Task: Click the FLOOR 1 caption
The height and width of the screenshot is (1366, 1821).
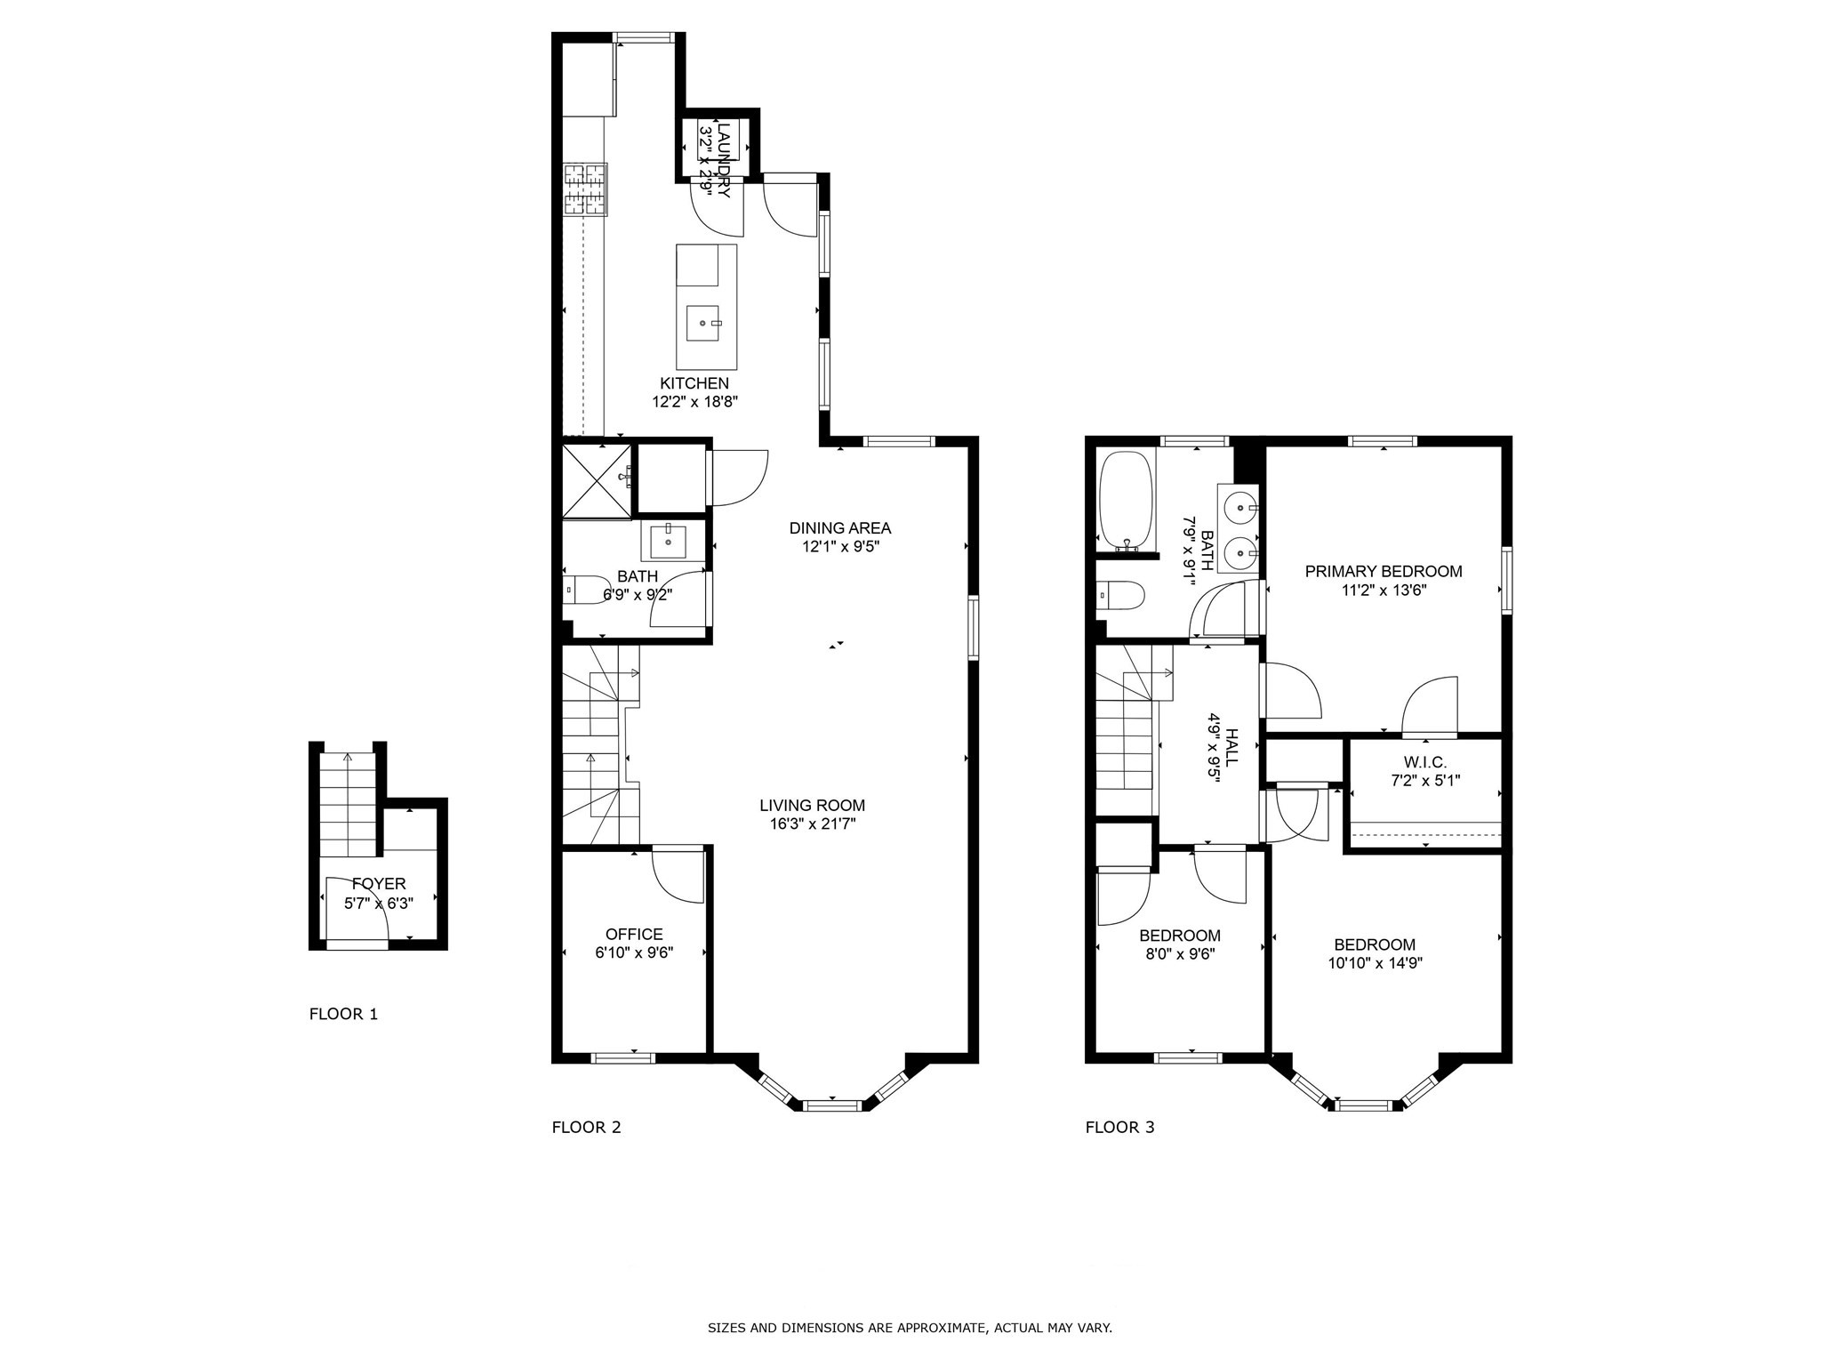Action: [x=343, y=1014]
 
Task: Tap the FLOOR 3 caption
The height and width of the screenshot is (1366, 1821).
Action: [x=1119, y=1128]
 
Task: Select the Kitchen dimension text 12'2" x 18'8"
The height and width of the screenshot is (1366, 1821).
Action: [x=694, y=401]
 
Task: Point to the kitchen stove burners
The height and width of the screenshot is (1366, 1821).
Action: [x=585, y=189]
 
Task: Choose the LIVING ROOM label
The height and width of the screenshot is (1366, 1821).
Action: [x=812, y=806]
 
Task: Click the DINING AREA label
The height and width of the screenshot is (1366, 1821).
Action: [x=839, y=528]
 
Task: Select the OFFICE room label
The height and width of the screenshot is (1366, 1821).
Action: [x=634, y=935]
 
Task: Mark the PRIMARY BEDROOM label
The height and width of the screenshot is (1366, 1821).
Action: [x=1383, y=572]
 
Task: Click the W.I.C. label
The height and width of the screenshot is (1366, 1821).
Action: [x=1425, y=763]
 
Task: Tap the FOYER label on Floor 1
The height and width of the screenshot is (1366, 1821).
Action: [x=379, y=884]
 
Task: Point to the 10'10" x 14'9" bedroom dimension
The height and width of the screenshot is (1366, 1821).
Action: [x=1374, y=963]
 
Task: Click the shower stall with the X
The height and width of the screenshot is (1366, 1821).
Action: [x=596, y=481]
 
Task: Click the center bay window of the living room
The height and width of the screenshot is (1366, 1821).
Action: [x=833, y=1105]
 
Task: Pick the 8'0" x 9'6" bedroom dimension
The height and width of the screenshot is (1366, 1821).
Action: [x=1179, y=954]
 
